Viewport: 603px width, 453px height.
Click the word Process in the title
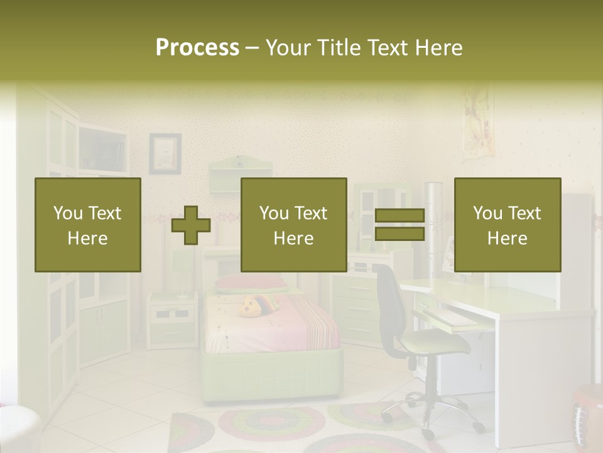click(197, 48)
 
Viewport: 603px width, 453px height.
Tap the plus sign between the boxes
click(191, 225)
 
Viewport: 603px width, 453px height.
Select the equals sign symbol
click(399, 225)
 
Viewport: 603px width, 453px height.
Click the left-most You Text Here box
click(88, 225)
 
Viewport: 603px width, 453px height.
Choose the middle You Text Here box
click(293, 225)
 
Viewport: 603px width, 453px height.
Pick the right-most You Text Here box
click(507, 225)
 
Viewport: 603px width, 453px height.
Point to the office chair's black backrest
click(389, 302)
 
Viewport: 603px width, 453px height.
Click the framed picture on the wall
click(165, 153)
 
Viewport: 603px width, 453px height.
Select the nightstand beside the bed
click(171, 321)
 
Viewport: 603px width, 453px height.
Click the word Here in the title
click(438, 48)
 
